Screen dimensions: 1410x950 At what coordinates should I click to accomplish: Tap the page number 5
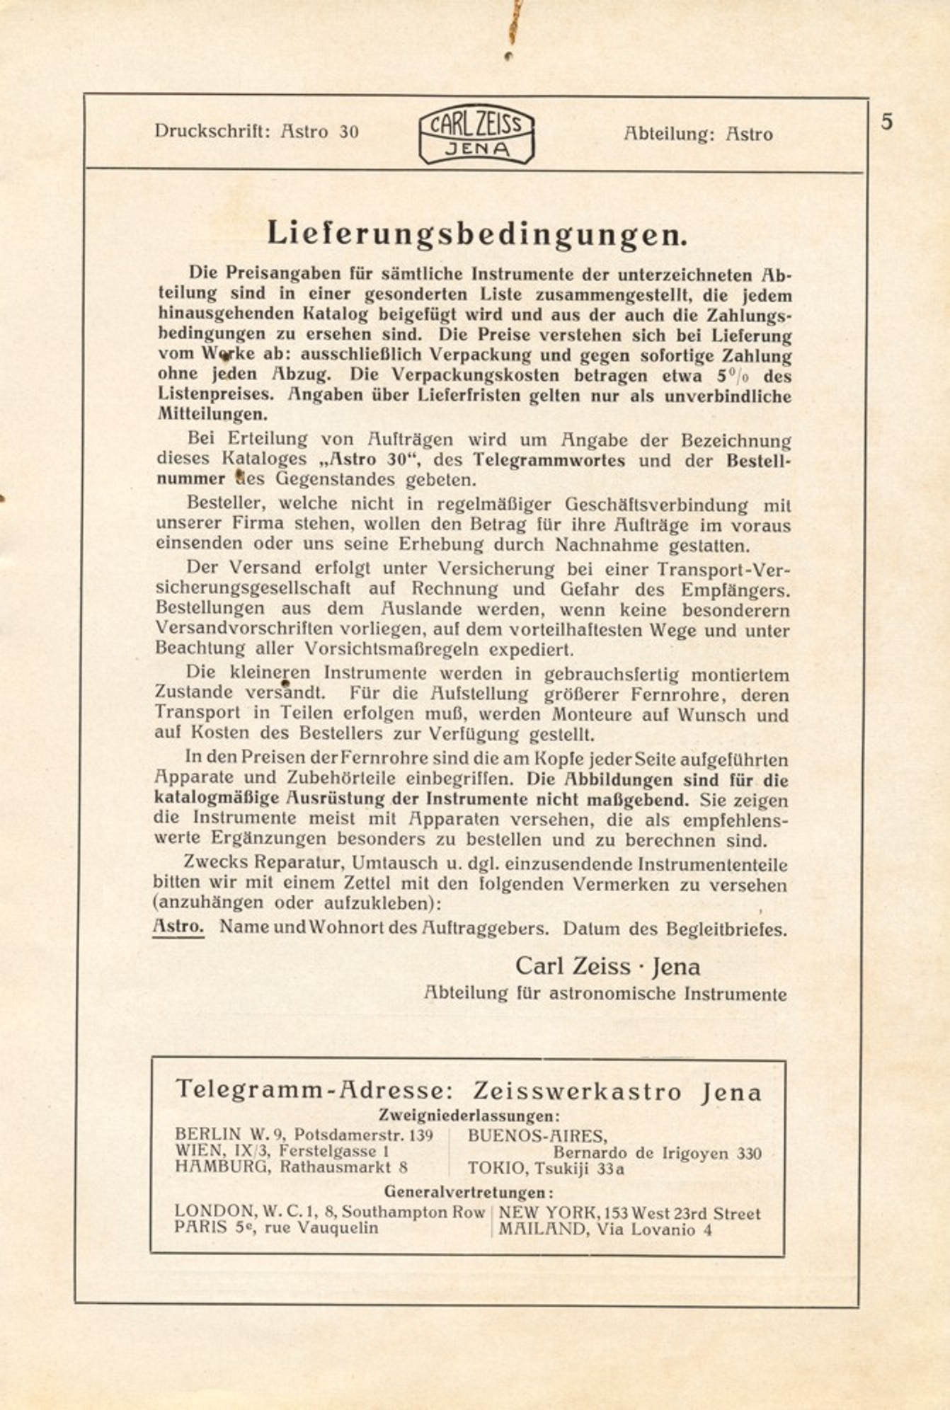click(x=886, y=122)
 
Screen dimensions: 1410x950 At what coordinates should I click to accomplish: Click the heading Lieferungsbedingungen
click(x=477, y=234)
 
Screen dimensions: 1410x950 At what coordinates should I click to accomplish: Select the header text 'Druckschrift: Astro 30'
click(x=256, y=132)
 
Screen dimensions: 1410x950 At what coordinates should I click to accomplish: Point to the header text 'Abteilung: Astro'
click(x=698, y=134)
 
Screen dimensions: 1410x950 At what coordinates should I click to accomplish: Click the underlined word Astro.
click(x=178, y=927)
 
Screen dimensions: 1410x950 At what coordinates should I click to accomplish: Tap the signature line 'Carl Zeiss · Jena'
click(x=607, y=966)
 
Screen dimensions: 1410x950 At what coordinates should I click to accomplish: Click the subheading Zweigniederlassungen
click(x=469, y=1116)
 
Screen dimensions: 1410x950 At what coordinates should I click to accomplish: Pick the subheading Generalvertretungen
click(x=469, y=1192)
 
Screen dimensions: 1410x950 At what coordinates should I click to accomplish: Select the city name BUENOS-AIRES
click(x=537, y=1137)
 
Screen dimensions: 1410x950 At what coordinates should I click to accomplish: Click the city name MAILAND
click(x=542, y=1230)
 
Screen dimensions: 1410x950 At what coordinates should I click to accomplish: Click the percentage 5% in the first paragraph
click(x=719, y=375)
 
